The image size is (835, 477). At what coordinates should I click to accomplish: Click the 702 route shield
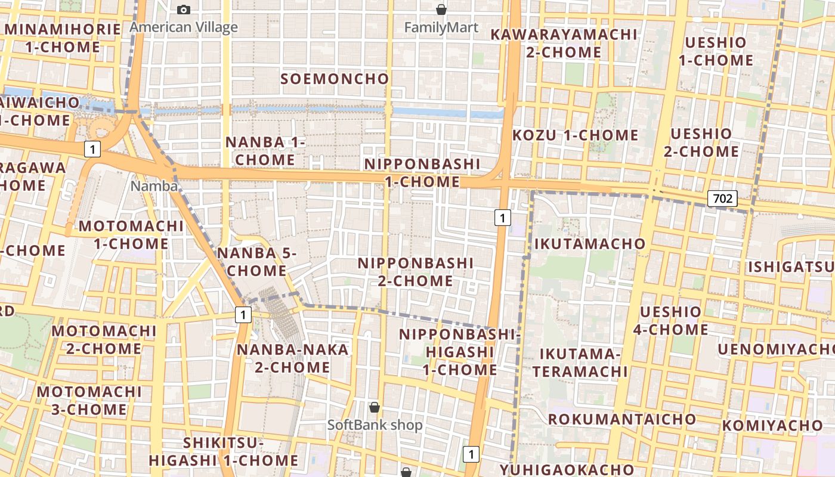pos(722,199)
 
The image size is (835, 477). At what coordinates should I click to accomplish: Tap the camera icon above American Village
pos(184,10)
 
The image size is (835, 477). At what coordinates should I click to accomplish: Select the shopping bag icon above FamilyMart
pos(441,10)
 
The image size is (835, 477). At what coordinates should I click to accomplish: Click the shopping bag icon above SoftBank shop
pos(375,407)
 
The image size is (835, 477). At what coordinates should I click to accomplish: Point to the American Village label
pos(184,27)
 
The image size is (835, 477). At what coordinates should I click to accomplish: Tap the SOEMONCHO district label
pos(335,79)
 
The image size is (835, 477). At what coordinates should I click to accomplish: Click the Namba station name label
pos(154,186)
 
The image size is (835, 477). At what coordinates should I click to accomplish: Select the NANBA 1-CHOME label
pos(265,151)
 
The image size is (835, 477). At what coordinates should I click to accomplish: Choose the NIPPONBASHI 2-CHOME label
pos(416,271)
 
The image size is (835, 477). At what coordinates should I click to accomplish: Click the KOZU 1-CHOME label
pos(575,135)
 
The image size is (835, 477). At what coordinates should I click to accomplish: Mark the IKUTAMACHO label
pos(589,243)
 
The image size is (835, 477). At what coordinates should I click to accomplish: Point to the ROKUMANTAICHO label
pos(621,419)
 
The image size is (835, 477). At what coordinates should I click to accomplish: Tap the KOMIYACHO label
pos(772,426)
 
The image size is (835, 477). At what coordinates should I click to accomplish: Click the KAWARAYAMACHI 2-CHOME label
pos(564,43)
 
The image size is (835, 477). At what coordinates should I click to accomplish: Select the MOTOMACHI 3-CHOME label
pos(89,400)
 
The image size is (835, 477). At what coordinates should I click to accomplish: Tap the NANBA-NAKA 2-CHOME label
pos(292,358)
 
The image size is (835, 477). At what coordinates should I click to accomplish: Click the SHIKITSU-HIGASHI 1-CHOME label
pos(224,451)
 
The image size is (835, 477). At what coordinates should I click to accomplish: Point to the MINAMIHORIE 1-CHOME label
pos(63,38)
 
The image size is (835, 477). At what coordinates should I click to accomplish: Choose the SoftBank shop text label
pos(375,425)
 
